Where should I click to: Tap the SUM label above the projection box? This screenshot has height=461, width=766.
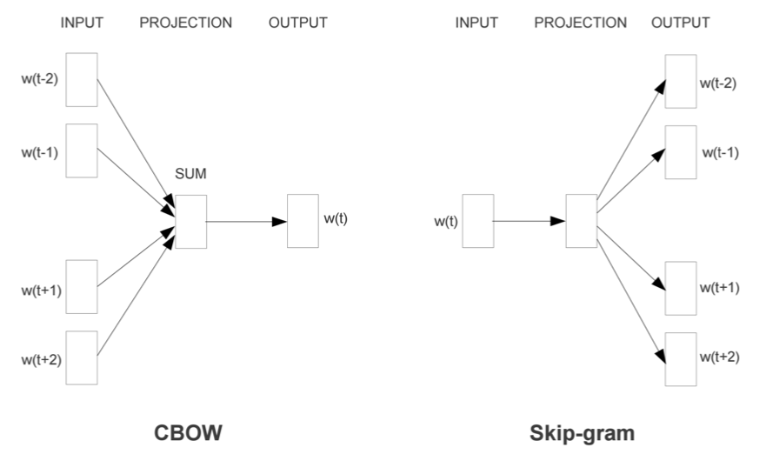tap(191, 176)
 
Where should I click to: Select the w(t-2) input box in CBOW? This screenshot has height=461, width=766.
tap(82, 79)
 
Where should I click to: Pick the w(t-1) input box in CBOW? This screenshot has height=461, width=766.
tap(82, 150)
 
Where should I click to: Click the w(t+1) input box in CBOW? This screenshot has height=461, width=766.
tap(82, 286)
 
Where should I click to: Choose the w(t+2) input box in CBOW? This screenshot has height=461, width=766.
tap(82, 357)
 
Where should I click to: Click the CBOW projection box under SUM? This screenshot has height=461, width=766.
tap(190, 222)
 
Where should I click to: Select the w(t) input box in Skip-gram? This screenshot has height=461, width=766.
tap(477, 221)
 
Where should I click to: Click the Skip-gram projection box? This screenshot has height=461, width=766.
tap(581, 221)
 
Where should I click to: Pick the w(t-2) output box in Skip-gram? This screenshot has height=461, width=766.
tap(681, 82)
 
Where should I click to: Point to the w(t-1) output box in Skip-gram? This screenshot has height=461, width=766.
tap(681, 152)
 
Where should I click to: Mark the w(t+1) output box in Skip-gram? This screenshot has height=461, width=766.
tap(681, 288)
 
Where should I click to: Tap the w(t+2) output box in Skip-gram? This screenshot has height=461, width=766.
tap(681, 358)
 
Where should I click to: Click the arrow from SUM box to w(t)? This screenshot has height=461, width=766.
tap(246, 222)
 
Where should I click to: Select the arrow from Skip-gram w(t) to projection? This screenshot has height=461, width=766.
tap(529, 221)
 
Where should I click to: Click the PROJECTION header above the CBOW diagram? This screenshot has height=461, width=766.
tap(185, 23)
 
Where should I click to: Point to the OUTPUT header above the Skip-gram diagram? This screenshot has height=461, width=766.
tap(680, 23)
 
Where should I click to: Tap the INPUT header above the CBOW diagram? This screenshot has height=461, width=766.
tap(83, 23)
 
